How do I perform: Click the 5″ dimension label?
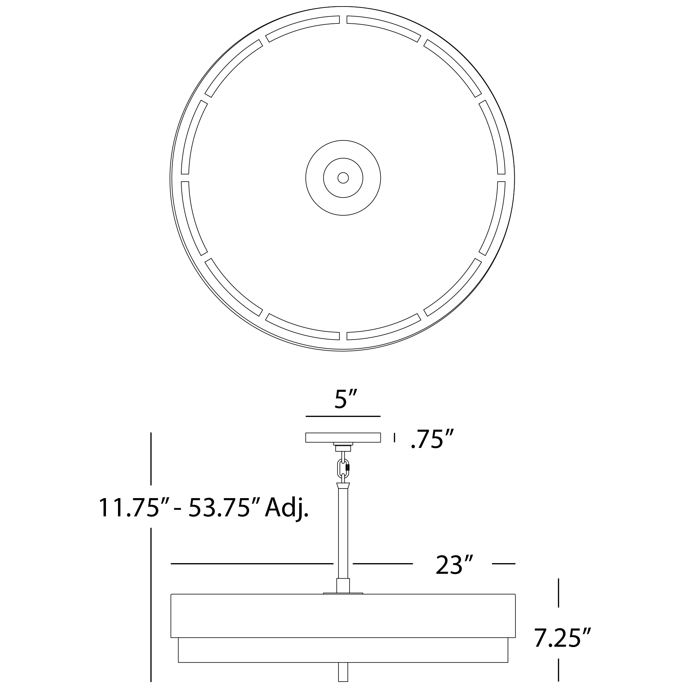click(x=345, y=399)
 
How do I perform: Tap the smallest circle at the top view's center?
click(x=343, y=178)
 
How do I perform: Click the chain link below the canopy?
click(x=343, y=469)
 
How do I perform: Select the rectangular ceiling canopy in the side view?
click(x=343, y=438)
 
